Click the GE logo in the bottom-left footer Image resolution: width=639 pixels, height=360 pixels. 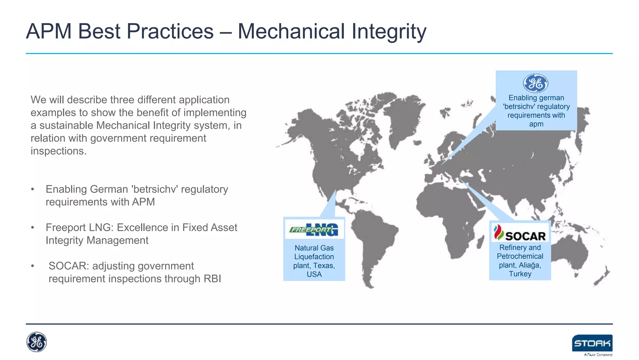[37, 342]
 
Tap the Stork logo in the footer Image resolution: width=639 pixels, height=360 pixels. [592, 343]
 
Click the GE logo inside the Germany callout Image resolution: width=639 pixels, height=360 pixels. [535, 83]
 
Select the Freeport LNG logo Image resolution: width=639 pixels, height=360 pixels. [314, 230]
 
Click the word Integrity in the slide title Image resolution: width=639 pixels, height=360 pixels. [389, 32]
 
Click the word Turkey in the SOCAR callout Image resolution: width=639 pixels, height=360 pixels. [520, 274]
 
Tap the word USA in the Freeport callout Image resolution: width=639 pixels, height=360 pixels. [314, 274]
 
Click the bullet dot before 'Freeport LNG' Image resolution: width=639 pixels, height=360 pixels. [32, 228]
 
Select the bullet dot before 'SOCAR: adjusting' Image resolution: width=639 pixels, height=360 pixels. [32, 266]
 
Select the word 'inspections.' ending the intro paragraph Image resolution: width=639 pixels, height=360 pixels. [58, 151]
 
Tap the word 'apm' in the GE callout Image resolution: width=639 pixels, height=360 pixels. [536, 124]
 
